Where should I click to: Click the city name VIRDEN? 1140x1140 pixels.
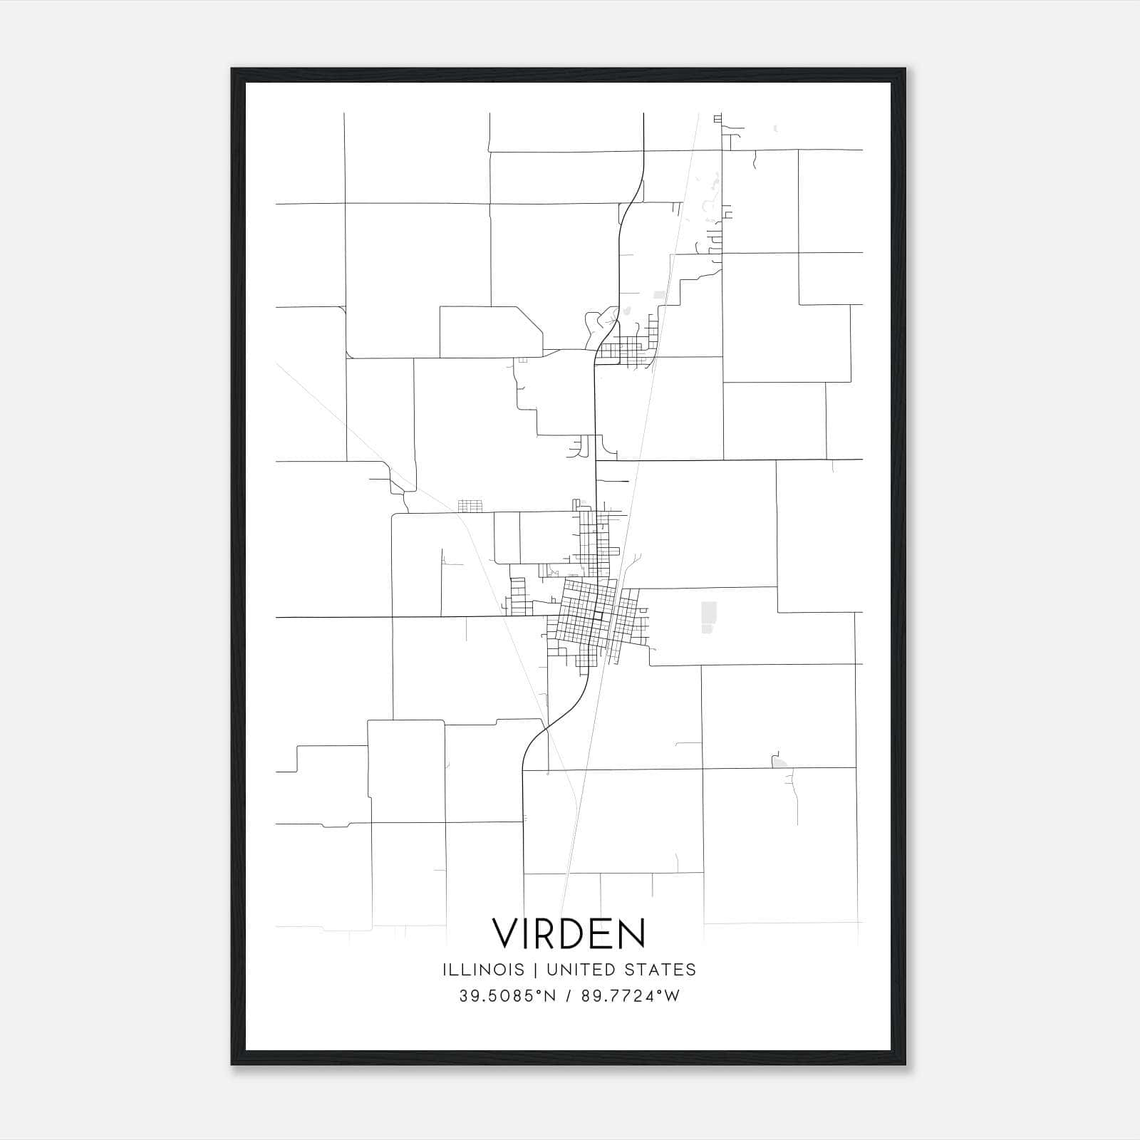coord(569,933)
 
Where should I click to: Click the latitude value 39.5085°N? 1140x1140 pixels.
coord(507,996)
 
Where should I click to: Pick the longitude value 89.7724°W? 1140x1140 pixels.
coord(631,996)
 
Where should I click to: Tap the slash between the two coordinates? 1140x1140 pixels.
coord(569,996)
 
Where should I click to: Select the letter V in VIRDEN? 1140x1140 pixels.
coord(507,933)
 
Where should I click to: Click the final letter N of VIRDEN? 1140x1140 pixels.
coord(631,933)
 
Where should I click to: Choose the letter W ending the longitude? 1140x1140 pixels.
coord(673,996)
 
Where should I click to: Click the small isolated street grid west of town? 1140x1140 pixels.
coord(470,506)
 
